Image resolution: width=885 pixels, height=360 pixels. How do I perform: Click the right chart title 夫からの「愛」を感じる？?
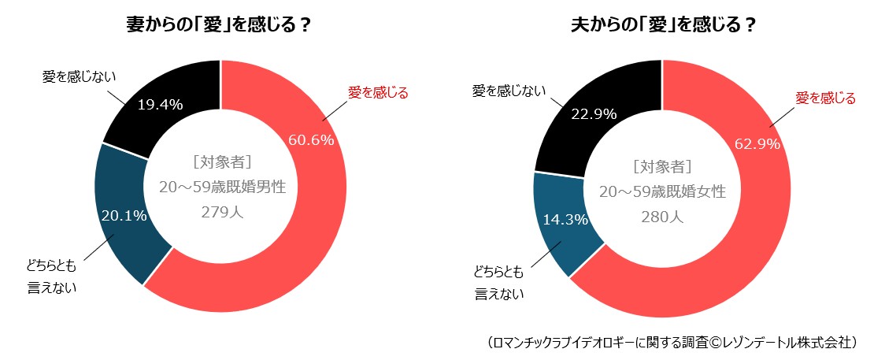(663, 25)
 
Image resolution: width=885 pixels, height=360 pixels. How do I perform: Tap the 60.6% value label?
(311, 140)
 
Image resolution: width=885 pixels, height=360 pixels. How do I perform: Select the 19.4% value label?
(160, 104)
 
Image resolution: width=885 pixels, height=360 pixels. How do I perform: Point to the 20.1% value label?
(124, 216)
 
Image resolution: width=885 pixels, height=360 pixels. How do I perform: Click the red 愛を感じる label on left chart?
(378, 93)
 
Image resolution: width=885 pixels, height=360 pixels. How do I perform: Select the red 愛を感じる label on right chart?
(825, 98)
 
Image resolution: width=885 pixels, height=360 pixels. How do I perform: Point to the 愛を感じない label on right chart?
(509, 91)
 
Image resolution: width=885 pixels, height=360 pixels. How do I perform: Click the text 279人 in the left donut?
(221, 213)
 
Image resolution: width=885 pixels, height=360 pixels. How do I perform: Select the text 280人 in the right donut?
(662, 216)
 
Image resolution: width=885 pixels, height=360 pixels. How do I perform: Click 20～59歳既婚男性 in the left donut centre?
(221, 187)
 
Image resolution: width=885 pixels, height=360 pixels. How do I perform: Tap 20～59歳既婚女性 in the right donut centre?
(662, 191)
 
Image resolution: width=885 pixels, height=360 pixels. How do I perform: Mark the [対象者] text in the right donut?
(662, 166)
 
